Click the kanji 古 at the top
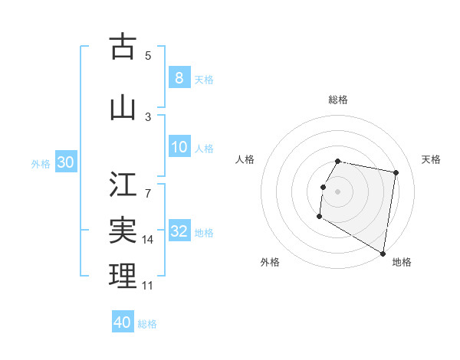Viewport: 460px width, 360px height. (123, 47)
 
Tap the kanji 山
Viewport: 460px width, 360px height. (123, 108)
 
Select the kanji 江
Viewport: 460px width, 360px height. (123, 185)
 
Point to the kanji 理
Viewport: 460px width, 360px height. (123, 275)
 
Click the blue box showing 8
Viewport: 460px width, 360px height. (179, 78)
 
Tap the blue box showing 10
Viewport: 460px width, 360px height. (179, 147)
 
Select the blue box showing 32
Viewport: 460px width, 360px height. (179, 231)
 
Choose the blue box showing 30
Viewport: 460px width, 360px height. (65, 162)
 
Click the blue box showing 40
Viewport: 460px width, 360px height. (123, 322)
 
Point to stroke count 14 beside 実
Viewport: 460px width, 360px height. (149, 240)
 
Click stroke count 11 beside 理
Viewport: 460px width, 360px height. (148, 286)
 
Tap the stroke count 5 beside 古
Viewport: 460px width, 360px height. (148, 56)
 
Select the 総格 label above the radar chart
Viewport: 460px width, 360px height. (338, 100)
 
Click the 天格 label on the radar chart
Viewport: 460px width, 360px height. (431, 159)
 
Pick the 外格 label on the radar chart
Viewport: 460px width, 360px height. (270, 262)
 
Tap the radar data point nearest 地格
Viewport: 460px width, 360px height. (383, 254)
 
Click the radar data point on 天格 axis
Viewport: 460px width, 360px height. (396, 173)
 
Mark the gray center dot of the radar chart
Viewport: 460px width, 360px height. (338, 191)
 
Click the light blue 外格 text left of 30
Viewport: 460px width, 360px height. (40, 163)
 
